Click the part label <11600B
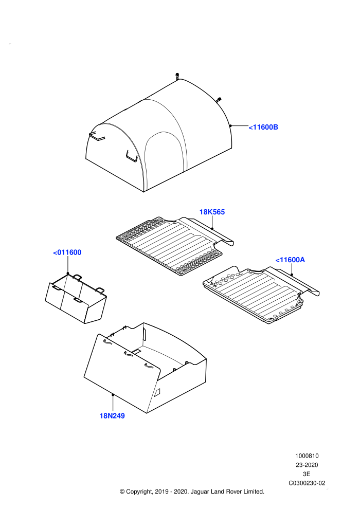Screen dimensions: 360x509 (x=263, y=128)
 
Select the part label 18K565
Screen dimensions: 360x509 (x=212, y=212)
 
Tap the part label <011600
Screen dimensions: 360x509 (x=67, y=252)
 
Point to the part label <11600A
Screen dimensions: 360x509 (x=290, y=260)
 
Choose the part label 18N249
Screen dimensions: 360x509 (x=112, y=416)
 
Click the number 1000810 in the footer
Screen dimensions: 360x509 (x=307, y=456)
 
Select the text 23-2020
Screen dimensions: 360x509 (x=307, y=465)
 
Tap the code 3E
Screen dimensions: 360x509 (x=307, y=474)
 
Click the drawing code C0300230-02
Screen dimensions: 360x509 (x=307, y=483)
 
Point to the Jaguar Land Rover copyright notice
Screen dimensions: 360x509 (x=192, y=492)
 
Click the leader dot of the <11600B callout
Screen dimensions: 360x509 (x=230, y=125)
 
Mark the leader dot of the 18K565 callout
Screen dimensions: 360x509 (x=212, y=228)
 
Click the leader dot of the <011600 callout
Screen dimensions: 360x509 (x=67, y=274)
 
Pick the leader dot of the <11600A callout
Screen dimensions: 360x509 (x=292, y=275)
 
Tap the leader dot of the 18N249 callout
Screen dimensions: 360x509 (x=113, y=395)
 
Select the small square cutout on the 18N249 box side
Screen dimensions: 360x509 (x=157, y=392)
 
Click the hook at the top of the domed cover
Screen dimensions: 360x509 (x=177, y=76)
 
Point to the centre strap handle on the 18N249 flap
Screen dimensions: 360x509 (x=128, y=354)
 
